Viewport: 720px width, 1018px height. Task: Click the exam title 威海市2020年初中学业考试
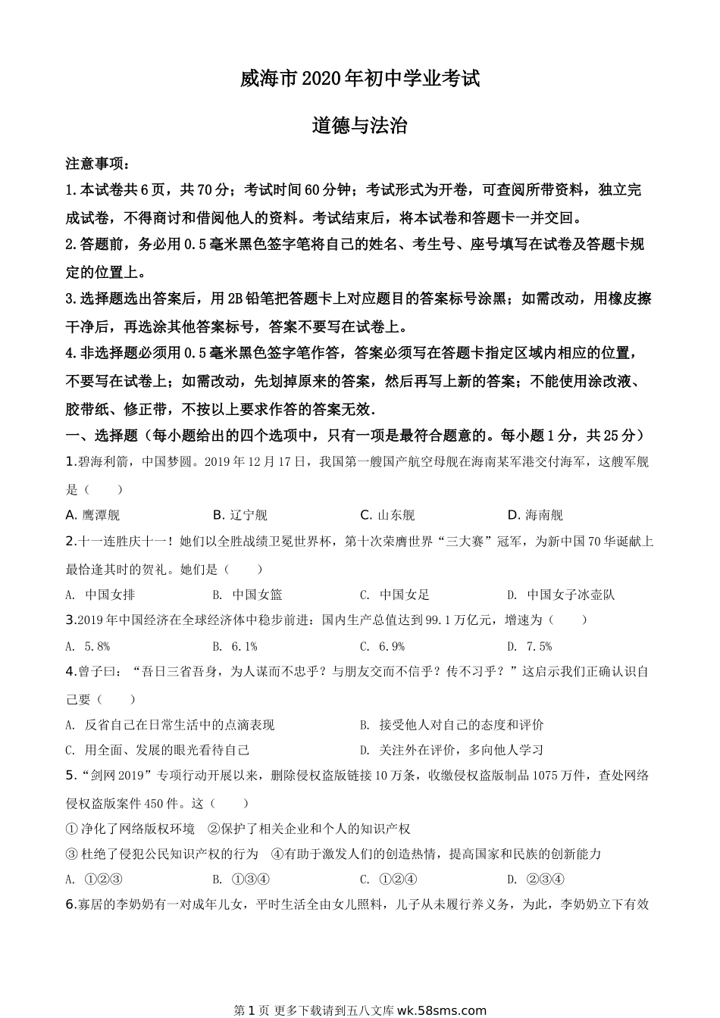pos(360,78)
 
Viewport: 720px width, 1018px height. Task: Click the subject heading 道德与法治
pos(360,126)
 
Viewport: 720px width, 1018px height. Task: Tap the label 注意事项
pos(97,164)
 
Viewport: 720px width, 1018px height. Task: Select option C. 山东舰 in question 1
pos(387,515)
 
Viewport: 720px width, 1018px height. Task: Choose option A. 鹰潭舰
pos(92,515)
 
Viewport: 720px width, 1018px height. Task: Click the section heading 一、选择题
pos(102,436)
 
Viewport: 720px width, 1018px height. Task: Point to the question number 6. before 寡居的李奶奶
pos(70,904)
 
